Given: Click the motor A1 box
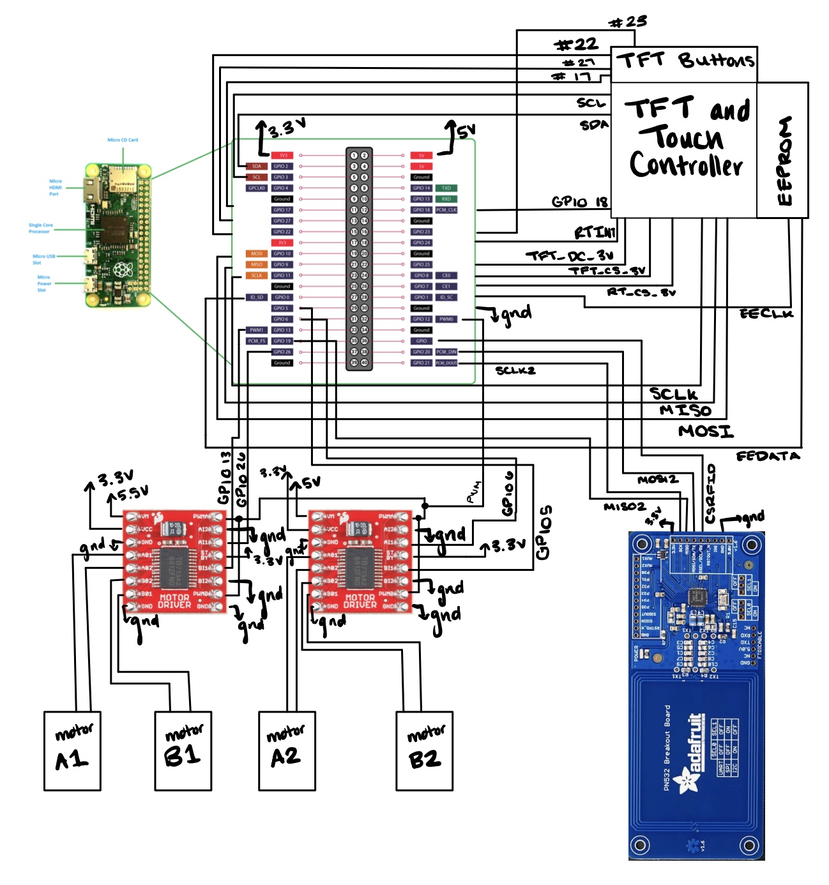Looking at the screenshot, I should coord(72,751).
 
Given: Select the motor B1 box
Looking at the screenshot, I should coord(183,751).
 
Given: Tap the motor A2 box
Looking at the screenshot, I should coord(287,751).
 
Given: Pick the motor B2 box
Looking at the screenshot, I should coord(425,751).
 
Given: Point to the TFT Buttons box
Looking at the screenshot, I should coord(684,61).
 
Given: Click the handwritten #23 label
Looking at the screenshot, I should coord(628,22).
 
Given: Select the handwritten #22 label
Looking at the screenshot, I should coord(576,45).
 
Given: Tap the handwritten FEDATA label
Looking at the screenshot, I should coord(768,456).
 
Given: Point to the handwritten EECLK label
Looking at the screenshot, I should coord(766,314).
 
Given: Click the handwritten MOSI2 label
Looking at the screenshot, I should coord(658,480).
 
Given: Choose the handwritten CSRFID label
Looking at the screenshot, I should coord(711,494).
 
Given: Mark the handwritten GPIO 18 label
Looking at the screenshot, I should coord(579,202).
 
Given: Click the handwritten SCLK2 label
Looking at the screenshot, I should coord(515,370).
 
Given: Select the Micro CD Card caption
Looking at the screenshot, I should coord(123,140).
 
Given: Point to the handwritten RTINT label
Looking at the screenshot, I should coord(595,232).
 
